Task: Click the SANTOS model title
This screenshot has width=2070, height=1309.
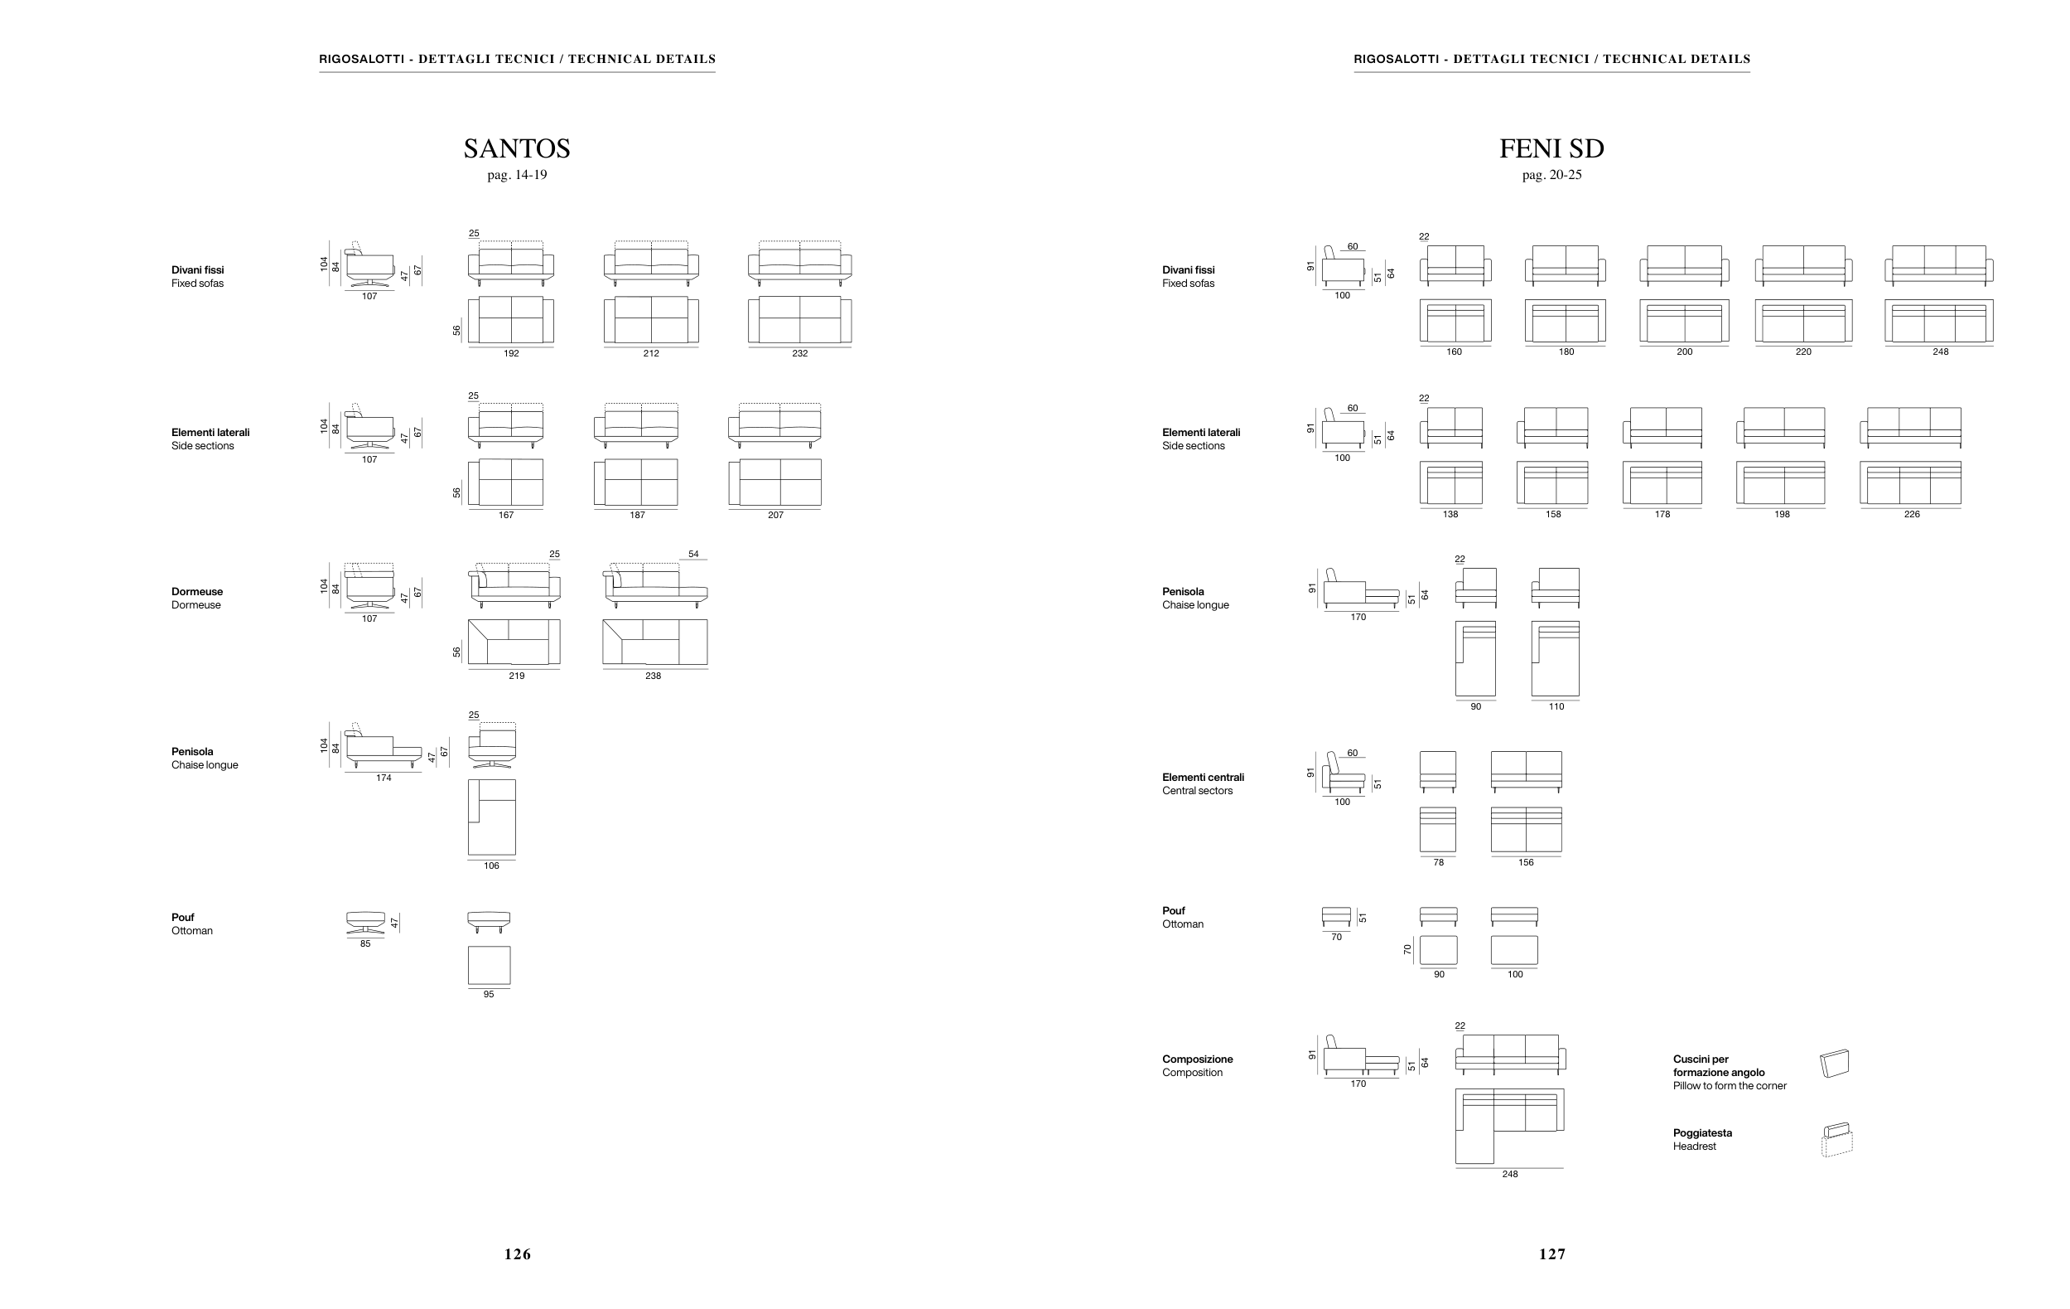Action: [517, 148]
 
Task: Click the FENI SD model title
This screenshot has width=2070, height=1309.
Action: [1551, 148]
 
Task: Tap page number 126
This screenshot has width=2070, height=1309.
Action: [518, 1254]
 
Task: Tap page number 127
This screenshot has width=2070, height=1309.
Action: [1552, 1254]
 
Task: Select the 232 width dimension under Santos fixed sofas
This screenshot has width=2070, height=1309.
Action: [799, 353]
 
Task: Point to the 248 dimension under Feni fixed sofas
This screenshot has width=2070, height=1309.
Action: [1940, 351]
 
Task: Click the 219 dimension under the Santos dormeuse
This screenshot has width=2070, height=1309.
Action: [516, 676]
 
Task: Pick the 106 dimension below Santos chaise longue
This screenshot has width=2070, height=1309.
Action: [491, 866]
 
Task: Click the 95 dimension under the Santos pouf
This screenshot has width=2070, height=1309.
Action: [488, 994]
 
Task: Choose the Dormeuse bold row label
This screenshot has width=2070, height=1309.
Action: [197, 592]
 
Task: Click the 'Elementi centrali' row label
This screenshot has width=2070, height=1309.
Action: [1203, 778]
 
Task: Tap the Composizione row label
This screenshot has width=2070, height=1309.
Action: [1198, 1059]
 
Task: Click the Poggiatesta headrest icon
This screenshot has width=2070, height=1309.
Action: [1836, 1140]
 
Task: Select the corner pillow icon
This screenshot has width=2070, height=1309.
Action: [1835, 1064]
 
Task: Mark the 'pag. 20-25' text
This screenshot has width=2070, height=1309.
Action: [1551, 176]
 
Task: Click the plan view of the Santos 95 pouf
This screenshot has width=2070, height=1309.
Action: [488, 965]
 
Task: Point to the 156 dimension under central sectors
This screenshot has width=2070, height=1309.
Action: [1526, 863]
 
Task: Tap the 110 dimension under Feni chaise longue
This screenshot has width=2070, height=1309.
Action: [1556, 707]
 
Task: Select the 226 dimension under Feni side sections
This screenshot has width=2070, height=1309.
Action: [1911, 514]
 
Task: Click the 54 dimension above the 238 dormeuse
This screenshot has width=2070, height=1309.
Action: [692, 555]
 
